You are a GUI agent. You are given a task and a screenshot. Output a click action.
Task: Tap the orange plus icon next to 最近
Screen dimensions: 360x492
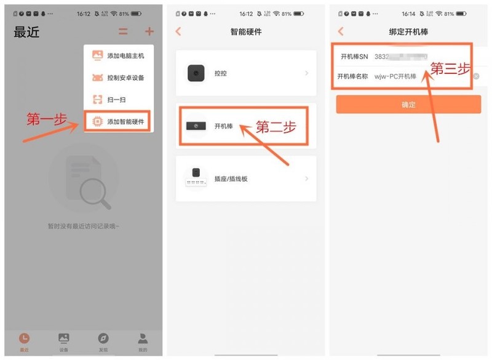click(x=149, y=32)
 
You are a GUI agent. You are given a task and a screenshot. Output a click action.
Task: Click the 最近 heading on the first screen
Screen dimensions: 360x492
click(x=26, y=33)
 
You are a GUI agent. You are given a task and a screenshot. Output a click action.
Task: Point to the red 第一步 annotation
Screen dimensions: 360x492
click(x=47, y=119)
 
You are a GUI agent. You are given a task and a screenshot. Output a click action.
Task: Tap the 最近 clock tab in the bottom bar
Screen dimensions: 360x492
click(x=24, y=342)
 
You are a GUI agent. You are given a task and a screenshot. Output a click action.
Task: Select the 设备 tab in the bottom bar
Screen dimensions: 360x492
click(x=63, y=342)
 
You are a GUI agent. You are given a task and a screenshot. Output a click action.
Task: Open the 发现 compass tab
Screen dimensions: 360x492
click(x=103, y=342)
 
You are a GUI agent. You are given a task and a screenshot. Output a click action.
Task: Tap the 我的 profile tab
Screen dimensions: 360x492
click(x=142, y=342)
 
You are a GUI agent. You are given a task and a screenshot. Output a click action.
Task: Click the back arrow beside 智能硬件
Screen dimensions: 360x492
click(x=178, y=31)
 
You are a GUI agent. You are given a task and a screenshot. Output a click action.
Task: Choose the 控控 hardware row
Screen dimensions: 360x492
click(x=246, y=73)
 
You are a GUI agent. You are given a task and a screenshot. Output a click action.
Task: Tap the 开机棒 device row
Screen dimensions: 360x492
click(x=246, y=126)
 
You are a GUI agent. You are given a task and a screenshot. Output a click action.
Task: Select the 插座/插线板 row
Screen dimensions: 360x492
click(x=246, y=178)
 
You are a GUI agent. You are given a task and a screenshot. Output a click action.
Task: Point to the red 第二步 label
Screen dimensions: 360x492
click(x=276, y=127)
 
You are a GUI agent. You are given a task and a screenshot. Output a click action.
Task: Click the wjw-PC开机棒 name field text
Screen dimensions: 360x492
click(x=395, y=76)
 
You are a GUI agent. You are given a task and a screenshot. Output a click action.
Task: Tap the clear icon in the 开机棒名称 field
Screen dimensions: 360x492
click(x=476, y=76)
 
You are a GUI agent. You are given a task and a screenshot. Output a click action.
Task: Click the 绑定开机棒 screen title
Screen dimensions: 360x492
click(x=408, y=31)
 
